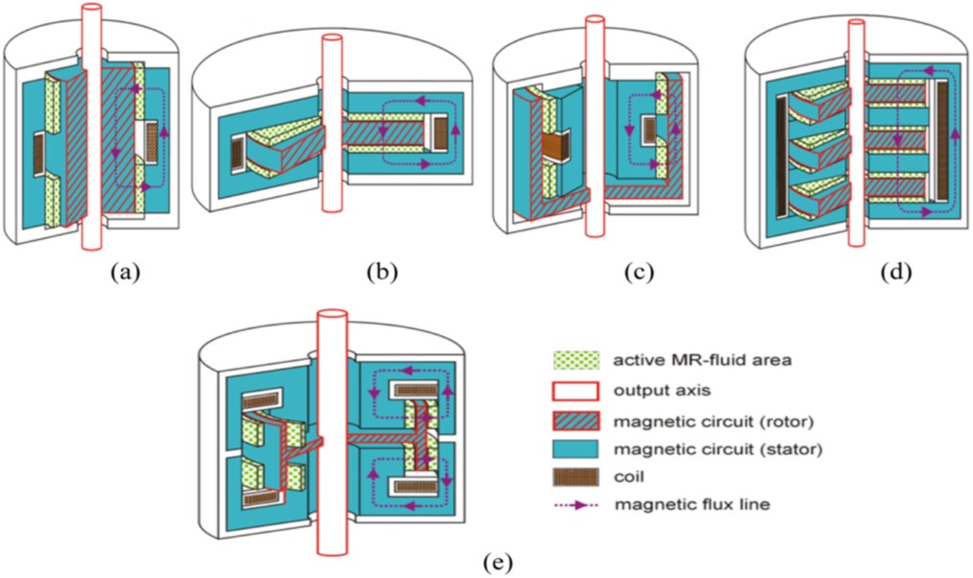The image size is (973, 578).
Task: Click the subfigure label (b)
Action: (382, 272)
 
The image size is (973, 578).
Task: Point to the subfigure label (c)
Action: (638, 272)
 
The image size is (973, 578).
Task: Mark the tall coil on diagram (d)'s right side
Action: (942, 144)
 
